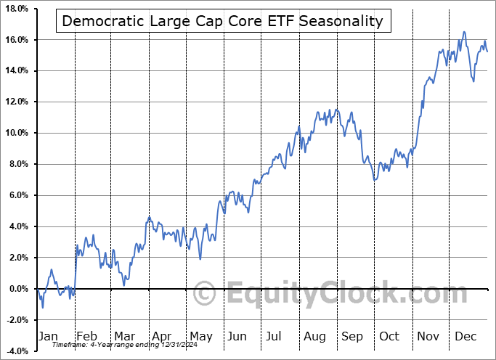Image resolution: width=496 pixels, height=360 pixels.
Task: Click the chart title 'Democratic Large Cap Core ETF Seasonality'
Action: (x=222, y=20)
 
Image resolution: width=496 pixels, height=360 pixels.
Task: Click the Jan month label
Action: (x=47, y=336)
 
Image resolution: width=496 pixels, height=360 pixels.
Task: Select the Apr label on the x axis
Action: (x=160, y=336)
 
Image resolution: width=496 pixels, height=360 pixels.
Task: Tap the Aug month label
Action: (x=314, y=336)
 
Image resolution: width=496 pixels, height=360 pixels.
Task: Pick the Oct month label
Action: (x=390, y=336)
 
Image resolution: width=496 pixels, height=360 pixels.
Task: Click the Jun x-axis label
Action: (x=237, y=336)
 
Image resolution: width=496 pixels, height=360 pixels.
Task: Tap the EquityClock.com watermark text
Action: (x=334, y=295)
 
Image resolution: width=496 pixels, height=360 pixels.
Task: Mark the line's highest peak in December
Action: (x=465, y=32)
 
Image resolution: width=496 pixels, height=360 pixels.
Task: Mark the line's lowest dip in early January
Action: (x=42, y=307)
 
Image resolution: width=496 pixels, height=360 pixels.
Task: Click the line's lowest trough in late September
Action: (x=374, y=180)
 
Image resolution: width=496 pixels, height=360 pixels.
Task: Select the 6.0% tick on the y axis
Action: (x=17, y=195)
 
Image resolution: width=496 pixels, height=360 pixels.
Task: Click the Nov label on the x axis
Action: (x=428, y=336)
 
